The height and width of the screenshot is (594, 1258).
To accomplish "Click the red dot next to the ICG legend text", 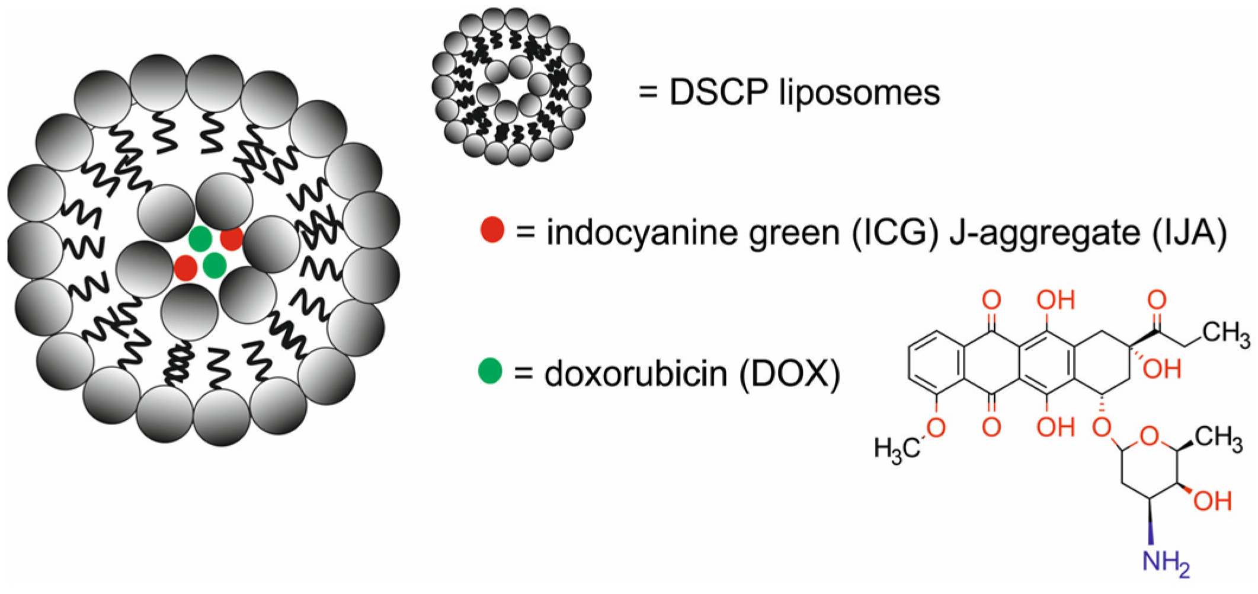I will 492,229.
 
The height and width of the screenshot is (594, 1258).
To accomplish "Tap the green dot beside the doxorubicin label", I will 490,371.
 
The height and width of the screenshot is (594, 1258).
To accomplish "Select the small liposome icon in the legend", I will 511,87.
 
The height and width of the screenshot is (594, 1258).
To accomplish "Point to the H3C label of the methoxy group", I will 897,449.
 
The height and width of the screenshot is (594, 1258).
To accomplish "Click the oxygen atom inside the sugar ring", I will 1149,437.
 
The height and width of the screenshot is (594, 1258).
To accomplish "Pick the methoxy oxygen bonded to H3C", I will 936,427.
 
